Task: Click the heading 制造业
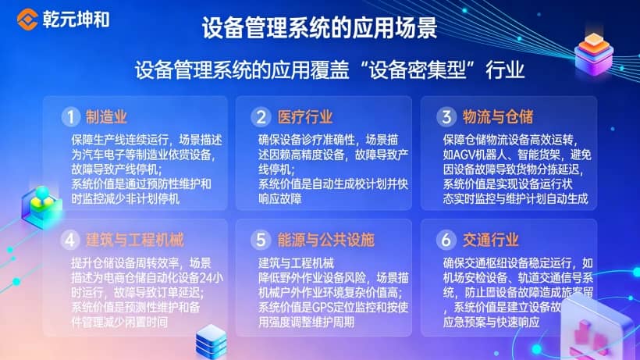pos(106,117)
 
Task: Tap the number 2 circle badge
pos(260,117)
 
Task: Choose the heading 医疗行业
pos(305,117)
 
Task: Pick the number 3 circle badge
pos(446,117)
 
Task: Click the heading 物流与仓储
pos(497,117)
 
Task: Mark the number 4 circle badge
pos(71,238)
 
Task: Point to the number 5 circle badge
pos(260,238)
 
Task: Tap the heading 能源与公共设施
pos(326,238)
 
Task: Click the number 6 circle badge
pos(446,238)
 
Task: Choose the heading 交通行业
pos(490,238)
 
